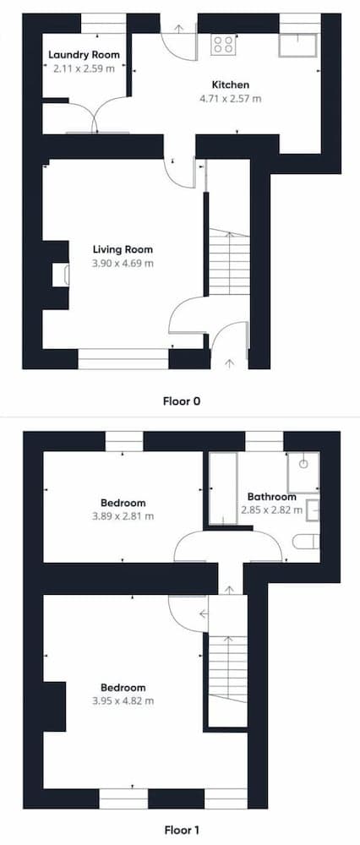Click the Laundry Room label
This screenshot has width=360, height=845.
84,54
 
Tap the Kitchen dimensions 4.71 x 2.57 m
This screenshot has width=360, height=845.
230,99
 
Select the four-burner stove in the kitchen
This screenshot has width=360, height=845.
223,44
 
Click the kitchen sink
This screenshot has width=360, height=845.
298,45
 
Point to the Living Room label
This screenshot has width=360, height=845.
123,249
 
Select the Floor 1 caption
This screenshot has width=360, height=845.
181,830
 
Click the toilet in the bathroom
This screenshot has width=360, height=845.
306,542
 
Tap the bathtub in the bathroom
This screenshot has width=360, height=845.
222,488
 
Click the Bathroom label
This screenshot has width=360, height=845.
271,497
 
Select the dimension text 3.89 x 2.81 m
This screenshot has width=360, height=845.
123,515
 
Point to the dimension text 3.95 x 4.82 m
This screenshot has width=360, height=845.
123,701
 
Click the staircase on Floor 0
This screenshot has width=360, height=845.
230,262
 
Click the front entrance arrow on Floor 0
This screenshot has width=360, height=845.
230,363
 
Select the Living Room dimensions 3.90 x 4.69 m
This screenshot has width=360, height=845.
123,264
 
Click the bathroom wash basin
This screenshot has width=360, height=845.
313,510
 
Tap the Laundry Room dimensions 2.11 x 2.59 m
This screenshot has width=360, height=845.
84,68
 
